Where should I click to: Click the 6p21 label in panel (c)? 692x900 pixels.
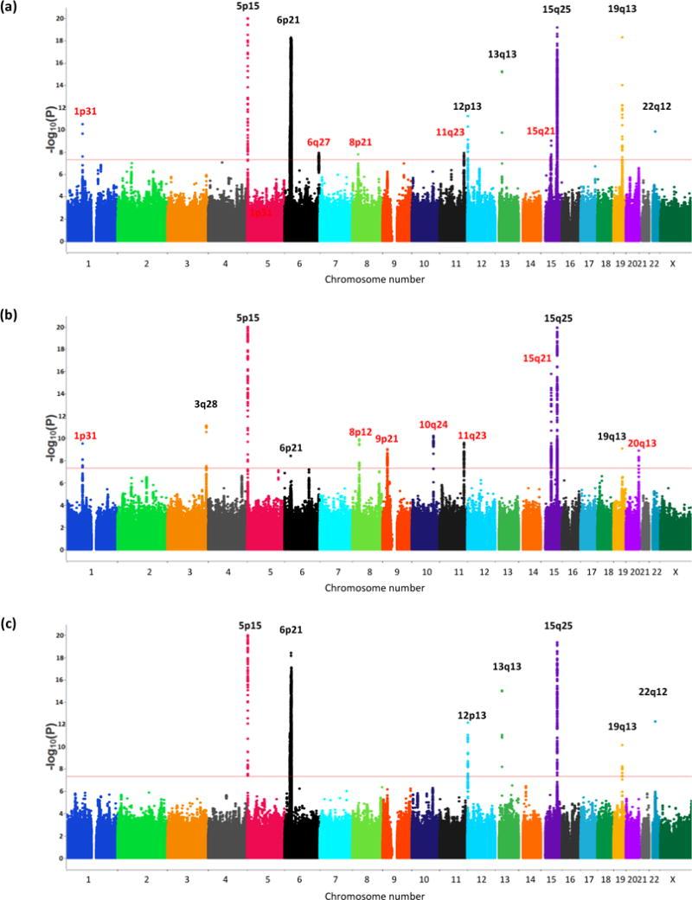click(292, 630)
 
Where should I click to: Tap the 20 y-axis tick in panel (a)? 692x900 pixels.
click(57, 18)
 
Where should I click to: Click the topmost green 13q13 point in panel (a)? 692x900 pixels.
click(502, 72)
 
